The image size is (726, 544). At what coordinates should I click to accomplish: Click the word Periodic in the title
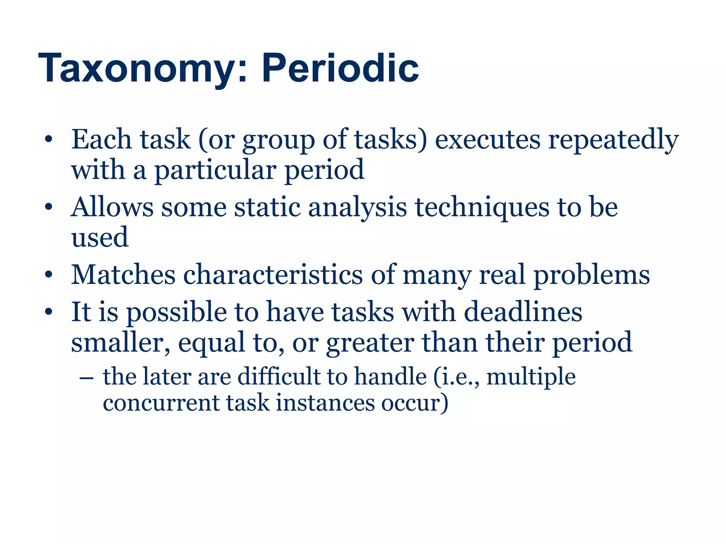point(340,68)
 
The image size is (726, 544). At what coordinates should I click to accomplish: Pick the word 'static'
point(267,207)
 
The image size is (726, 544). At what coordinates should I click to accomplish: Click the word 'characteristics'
point(273,275)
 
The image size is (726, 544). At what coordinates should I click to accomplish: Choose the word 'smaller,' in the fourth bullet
point(121,342)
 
